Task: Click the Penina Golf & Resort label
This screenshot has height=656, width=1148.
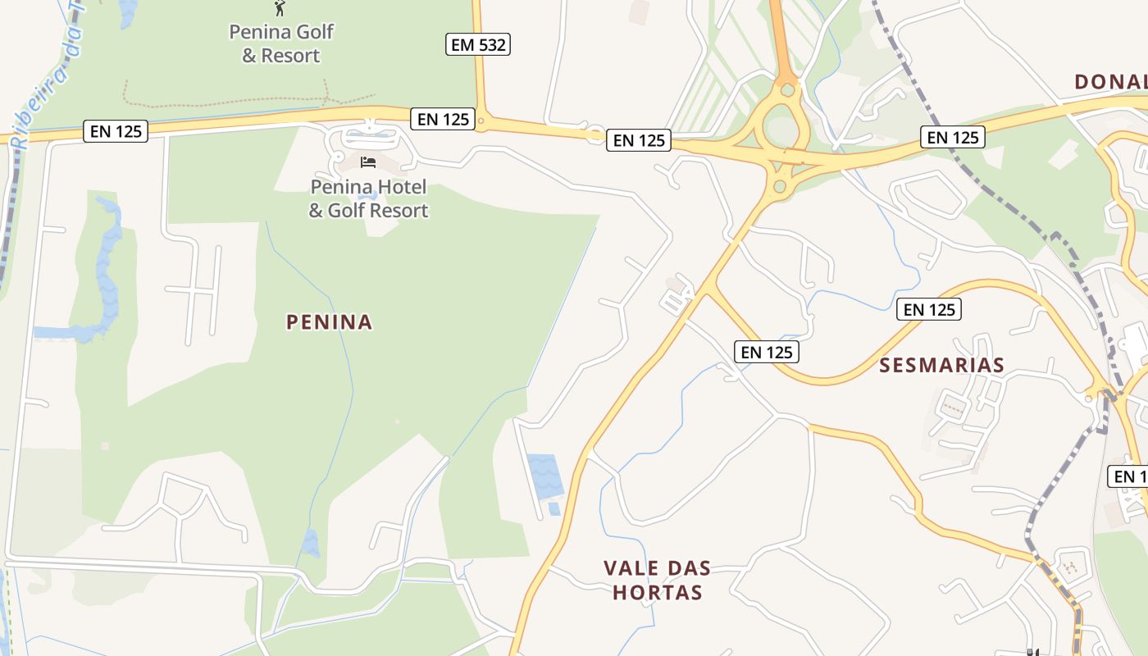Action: [281, 43]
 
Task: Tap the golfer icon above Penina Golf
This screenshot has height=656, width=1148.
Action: [280, 8]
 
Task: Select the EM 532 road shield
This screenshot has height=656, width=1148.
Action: [478, 44]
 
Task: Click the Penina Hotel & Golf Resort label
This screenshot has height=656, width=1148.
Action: [368, 198]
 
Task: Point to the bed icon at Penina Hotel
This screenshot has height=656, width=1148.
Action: [368, 162]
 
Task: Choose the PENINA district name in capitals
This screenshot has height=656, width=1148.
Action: [329, 322]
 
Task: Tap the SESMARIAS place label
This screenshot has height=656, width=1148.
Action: [941, 365]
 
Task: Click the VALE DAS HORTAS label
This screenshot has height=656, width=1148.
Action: [657, 580]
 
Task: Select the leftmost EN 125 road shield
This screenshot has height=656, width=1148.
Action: [116, 131]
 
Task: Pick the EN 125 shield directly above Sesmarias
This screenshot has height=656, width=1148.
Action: [929, 309]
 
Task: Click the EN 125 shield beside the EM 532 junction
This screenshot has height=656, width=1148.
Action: [443, 119]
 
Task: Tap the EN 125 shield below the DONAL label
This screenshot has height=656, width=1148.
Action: [953, 137]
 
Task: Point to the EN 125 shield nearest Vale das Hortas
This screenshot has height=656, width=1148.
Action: [766, 352]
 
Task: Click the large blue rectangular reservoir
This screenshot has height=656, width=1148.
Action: [545, 476]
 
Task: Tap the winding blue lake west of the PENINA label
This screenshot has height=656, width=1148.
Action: [105, 271]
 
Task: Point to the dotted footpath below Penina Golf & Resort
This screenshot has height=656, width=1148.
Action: [230, 102]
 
